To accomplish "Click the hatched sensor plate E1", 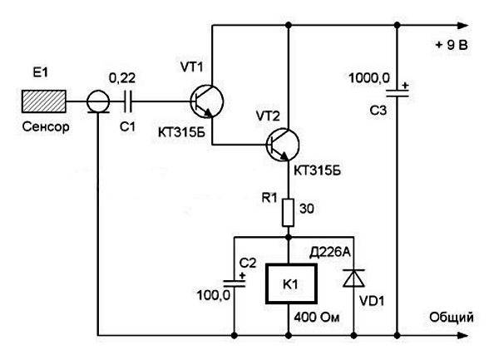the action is pos(44,101).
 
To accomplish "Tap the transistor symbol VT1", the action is pos(207,101).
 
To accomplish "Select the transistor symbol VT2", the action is pos(283,145).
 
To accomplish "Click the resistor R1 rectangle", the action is pos(289,213).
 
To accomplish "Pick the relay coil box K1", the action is pos(291,284).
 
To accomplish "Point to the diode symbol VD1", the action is pos(353,279).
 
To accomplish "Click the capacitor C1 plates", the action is pos(128,101).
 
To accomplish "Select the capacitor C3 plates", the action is pos(397,93).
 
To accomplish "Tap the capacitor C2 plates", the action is pos(235,284).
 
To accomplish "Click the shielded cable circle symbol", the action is pos(98,101).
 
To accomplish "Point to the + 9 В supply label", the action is pos(452,45).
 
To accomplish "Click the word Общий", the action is pos(452,318).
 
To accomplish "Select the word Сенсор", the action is pos(46,127).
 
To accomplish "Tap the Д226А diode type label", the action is pos(329,253).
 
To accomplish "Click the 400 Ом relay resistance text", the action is pos(317,317).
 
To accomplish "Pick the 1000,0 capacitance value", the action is pos(369,78).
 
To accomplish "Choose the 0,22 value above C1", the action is pos(122,78).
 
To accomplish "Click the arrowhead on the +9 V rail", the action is pos(462,26).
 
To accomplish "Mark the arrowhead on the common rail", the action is pos(462,335).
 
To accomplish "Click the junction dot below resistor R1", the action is pos(289,237).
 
